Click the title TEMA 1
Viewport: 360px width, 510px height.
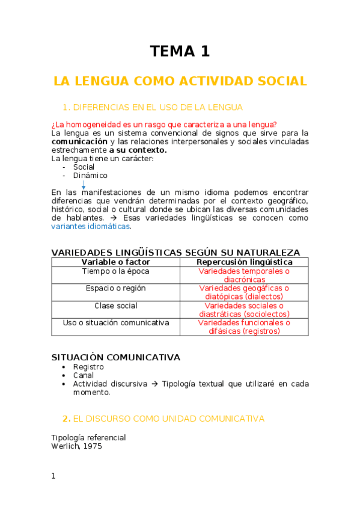(180, 52)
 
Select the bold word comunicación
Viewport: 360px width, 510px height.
(75, 141)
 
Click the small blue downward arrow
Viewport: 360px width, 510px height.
(83, 186)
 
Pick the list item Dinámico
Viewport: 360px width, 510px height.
(90, 176)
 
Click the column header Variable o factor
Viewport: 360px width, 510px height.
(115, 262)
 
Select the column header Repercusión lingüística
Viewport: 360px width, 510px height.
(245, 262)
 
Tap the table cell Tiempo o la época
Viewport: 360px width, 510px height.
(115, 271)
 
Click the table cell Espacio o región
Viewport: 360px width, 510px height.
(115, 288)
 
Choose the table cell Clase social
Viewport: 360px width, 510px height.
(115, 306)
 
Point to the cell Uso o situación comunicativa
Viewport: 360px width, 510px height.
(115, 323)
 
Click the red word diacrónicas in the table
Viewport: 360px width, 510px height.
(244, 280)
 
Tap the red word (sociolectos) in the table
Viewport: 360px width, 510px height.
(267, 314)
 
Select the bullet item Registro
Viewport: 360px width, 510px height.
(88, 367)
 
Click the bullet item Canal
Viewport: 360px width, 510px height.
(84, 375)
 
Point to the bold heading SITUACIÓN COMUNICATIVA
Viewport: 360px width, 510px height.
(115, 357)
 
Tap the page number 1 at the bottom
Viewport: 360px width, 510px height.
(53, 476)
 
